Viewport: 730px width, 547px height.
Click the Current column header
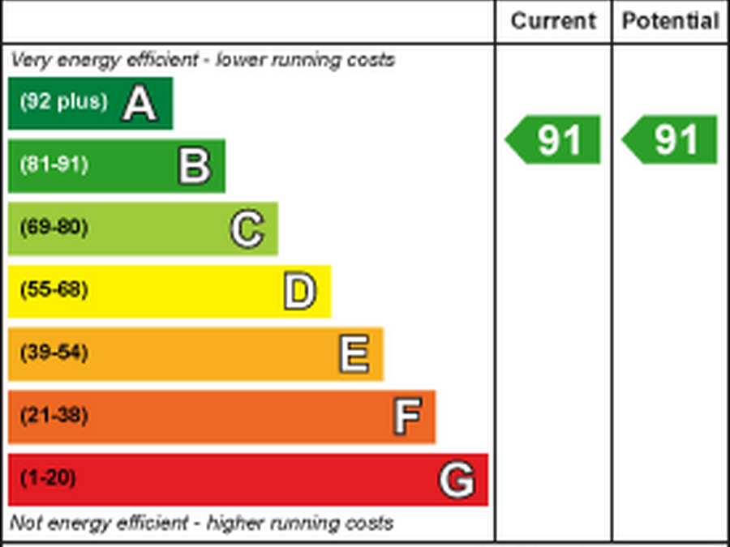tap(553, 21)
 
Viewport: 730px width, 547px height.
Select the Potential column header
tap(670, 21)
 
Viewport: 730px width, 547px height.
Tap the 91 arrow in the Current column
tap(554, 139)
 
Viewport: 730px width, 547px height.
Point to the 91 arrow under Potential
tap(671, 139)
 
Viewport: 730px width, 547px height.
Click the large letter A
tap(140, 104)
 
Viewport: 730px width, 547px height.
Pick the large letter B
tap(195, 166)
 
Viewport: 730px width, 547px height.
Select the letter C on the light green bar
tap(247, 229)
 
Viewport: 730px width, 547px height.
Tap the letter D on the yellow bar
tap(299, 292)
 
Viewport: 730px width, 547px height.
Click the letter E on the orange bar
tap(353, 355)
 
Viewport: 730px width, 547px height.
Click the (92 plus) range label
tap(63, 102)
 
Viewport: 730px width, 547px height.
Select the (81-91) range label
tap(54, 165)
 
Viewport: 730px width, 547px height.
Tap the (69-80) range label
tap(54, 227)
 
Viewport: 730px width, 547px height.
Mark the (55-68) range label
tap(54, 290)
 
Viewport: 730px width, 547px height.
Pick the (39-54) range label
tap(54, 353)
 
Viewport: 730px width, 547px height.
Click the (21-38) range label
tap(54, 416)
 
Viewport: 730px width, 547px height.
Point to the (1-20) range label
tap(48, 479)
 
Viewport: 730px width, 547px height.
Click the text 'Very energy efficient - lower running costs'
tap(203, 60)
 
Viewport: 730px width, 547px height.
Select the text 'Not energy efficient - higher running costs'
tap(201, 523)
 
